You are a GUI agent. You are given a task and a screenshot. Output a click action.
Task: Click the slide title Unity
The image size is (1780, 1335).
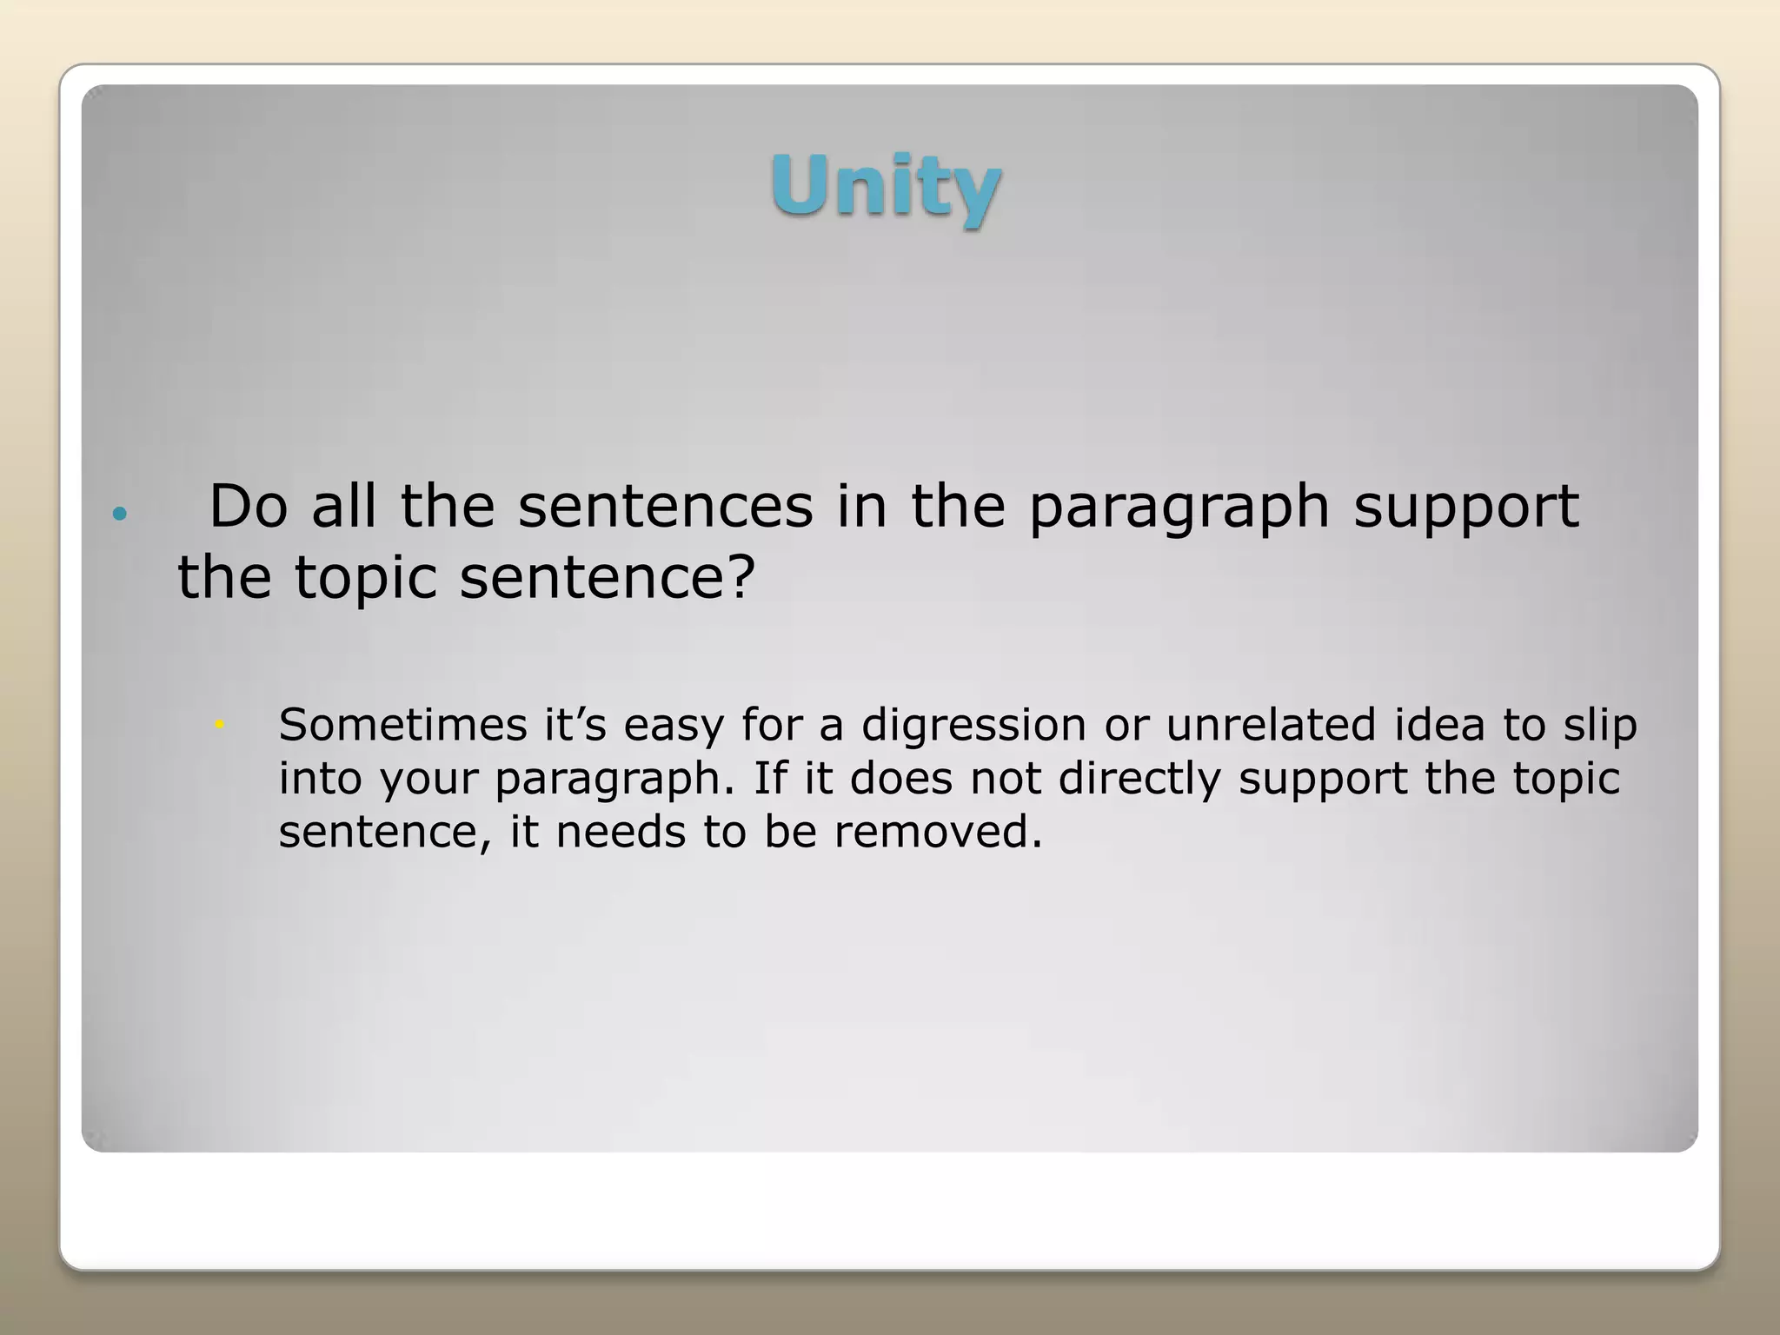886,186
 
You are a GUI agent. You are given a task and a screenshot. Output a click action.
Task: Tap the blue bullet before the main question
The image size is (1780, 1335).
120,514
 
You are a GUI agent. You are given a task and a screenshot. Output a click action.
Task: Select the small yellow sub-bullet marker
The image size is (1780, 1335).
220,723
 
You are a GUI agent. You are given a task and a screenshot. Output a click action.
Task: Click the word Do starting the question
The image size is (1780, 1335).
249,506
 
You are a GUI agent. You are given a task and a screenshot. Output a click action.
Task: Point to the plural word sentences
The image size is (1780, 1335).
666,506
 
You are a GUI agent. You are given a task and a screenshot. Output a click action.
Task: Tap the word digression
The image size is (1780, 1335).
973,726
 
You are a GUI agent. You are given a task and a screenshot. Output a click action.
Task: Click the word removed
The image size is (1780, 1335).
938,832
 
